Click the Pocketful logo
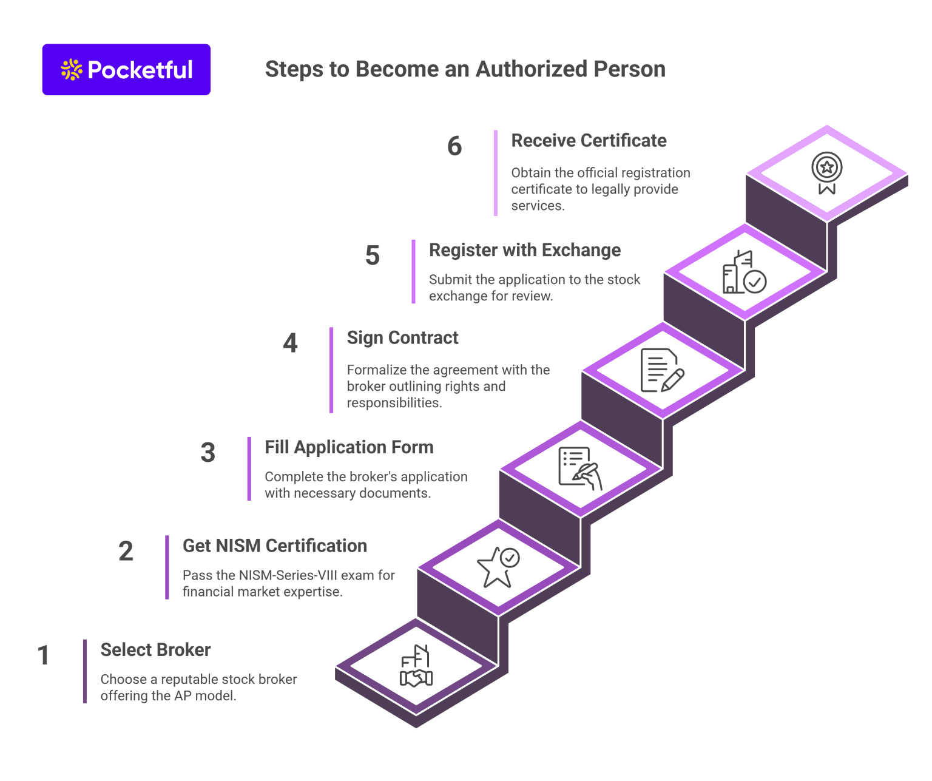pyautogui.click(x=126, y=70)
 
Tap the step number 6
pyautogui.click(x=454, y=146)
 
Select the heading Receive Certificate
pyautogui.click(x=589, y=141)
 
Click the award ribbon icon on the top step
pyautogui.click(x=826, y=173)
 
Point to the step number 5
pyautogui.click(x=372, y=255)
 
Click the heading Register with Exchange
pyautogui.click(x=524, y=250)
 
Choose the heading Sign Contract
pyautogui.click(x=402, y=337)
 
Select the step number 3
pyautogui.click(x=208, y=453)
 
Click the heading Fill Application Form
pyautogui.click(x=349, y=447)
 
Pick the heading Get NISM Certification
pyautogui.click(x=274, y=546)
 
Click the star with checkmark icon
pyautogui.click(x=498, y=567)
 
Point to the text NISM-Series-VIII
pyautogui.click(x=285, y=575)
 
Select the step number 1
pyautogui.click(x=43, y=655)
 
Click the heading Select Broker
pyautogui.click(x=155, y=650)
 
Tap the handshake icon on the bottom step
pyautogui.click(x=416, y=667)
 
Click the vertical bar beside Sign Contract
pyautogui.click(x=331, y=370)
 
